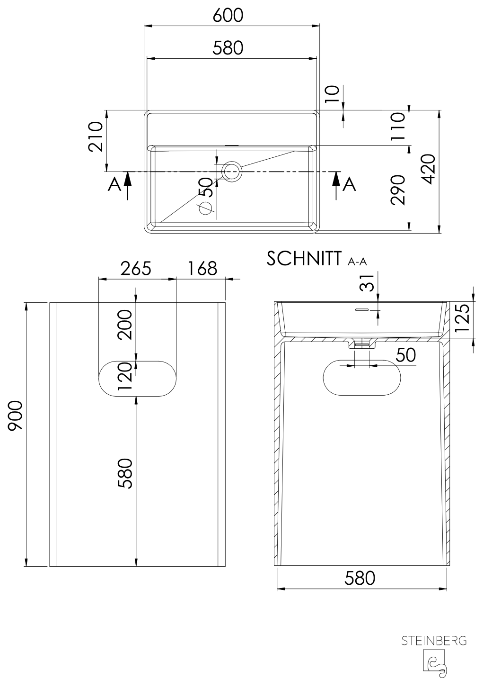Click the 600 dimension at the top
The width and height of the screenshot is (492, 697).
point(228,16)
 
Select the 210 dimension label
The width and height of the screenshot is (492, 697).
point(96,136)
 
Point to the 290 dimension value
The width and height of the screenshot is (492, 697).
point(398,190)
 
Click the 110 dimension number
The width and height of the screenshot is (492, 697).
point(398,127)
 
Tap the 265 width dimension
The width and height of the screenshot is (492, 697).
point(136,269)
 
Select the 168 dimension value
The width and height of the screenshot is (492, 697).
point(202,269)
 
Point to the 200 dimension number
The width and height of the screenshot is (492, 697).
point(125,325)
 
